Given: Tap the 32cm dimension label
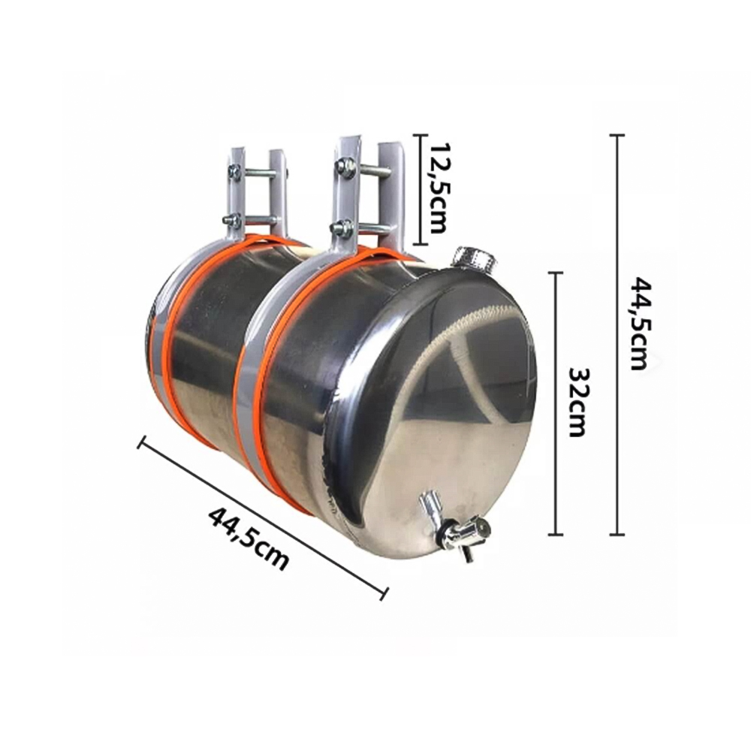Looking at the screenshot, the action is coord(577,403).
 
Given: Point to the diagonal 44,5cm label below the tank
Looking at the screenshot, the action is coord(249,538).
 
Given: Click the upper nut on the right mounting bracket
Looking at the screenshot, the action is coord(345,168).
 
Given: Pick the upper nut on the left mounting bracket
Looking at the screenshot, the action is coord(235,172).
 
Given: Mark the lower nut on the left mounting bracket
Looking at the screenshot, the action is coord(232,220).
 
